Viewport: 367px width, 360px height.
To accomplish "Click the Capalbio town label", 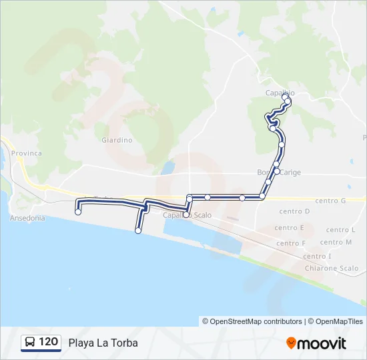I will pos(280,93).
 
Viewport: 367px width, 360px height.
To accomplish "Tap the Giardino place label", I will pos(117,140).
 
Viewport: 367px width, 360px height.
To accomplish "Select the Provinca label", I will pos(26,153).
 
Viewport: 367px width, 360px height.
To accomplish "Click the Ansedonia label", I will pos(28,218).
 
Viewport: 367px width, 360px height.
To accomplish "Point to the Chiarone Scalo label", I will pos(330,268).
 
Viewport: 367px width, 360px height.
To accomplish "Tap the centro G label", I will pos(330,201).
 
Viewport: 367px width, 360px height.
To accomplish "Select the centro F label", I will pos(290,243).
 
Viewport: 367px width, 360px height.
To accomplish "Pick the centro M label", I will pos(336,242).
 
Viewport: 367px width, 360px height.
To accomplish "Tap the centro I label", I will pos(316,256).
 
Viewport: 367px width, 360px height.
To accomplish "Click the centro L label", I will pos(340,229).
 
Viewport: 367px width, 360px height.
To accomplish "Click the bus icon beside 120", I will pos(30,342).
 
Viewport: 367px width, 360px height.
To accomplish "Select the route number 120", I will pos(48,342).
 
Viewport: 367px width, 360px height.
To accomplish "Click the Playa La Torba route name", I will pos(103,343).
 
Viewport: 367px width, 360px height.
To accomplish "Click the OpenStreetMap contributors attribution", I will pos(252,321).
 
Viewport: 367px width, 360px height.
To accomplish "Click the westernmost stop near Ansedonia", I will pos(79,212).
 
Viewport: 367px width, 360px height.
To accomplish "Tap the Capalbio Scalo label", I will pos(184,215).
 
